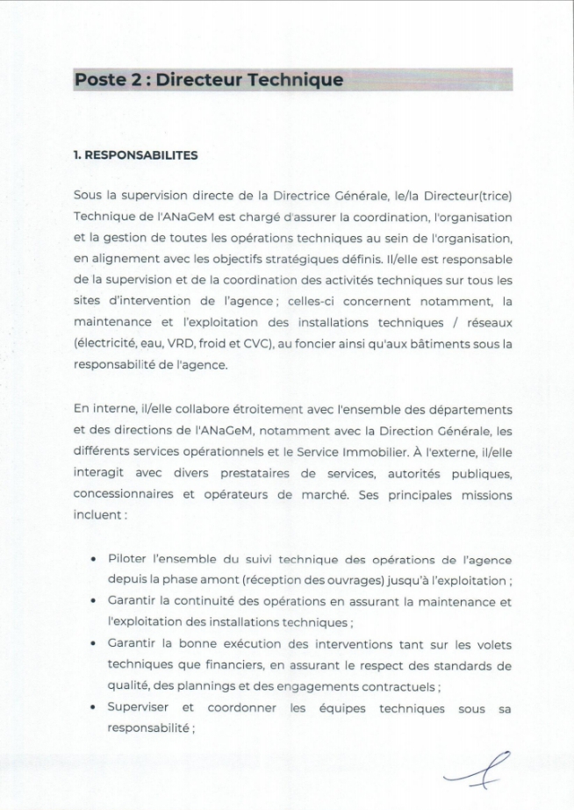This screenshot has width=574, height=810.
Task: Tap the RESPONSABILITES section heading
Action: tap(139, 155)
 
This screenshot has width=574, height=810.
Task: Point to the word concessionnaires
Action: tap(121, 495)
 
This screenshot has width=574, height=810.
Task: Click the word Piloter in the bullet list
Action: tap(129, 560)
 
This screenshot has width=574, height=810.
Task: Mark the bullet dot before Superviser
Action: tap(94, 708)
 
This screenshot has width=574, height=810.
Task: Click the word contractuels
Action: tap(393, 687)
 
